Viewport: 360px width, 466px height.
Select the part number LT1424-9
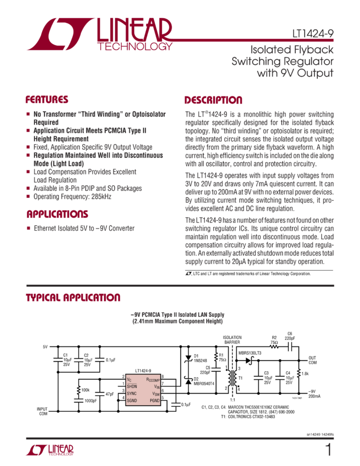click(313, 33)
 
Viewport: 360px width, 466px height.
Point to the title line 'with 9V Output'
click(299, 72)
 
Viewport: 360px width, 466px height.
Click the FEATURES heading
click(47, 100)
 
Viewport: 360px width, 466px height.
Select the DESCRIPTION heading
click(213, 100)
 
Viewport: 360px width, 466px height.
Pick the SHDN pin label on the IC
click(133, 386)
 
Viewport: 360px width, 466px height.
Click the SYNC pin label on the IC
click(133, 393)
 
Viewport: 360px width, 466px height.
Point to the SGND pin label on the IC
click(133, 400)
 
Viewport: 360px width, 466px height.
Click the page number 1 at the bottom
click(328, 450)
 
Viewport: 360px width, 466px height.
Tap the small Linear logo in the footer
click(50, 450)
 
